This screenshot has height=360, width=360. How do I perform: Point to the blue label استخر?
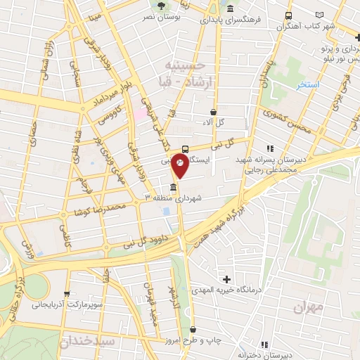tap(307, 84)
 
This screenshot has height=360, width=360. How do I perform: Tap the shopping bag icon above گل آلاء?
tap(214, 112)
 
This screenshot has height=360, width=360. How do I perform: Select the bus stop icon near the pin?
tap(185, 148)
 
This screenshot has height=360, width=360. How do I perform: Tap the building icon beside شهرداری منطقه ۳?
tap(173, 186)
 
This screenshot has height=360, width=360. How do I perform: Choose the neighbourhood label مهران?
tap(308, 307)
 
